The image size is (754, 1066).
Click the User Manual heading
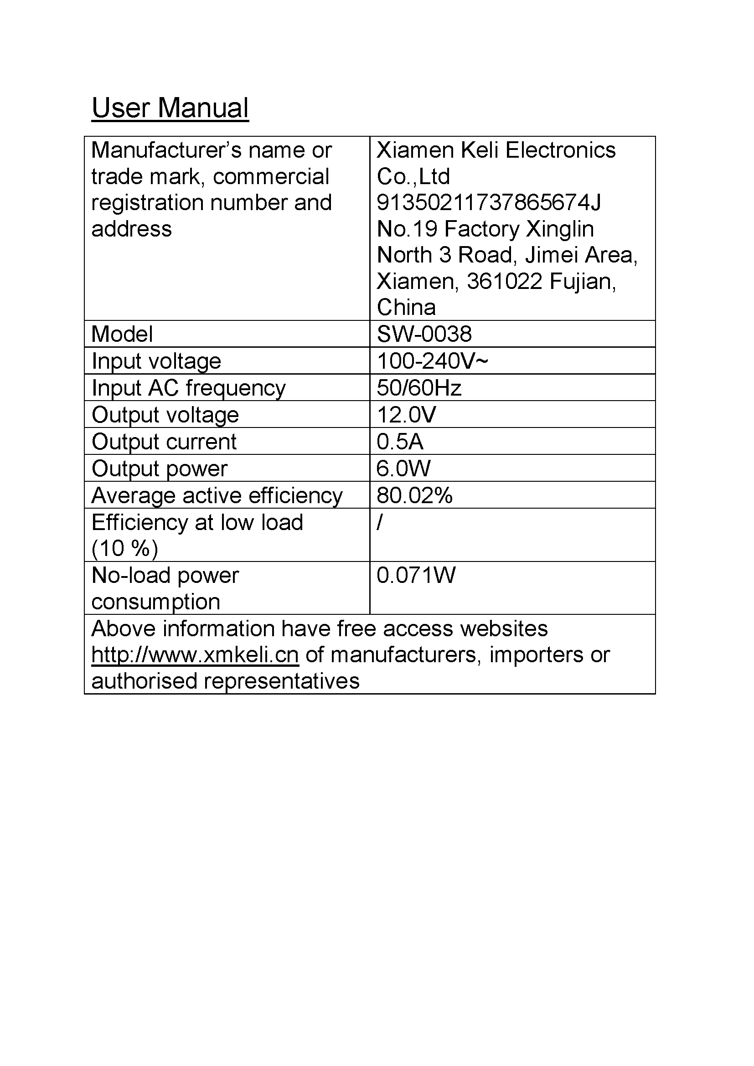click(170, 108)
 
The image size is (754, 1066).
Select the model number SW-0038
click(424, 334)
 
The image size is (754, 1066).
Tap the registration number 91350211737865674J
click(488, 203)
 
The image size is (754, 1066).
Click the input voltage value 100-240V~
click(432, 361)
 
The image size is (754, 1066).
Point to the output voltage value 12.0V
click(406, 415)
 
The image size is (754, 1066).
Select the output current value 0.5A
click(400, 442)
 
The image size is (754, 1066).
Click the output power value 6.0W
click(403, 469)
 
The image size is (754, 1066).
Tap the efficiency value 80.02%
click(414, 495)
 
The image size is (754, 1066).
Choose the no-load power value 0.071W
click(416, 575)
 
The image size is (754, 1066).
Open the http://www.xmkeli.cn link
click(195, 655)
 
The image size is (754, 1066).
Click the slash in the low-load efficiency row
click(380, 523)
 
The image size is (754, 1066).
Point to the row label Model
click(122, 334)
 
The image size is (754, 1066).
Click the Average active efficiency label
click(217, 495)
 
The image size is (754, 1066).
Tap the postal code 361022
click(504, 281)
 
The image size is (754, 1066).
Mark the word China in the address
click(406, 307)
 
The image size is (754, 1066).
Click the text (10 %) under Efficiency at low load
click(125, 549)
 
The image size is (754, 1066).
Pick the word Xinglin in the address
click(560, 229)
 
